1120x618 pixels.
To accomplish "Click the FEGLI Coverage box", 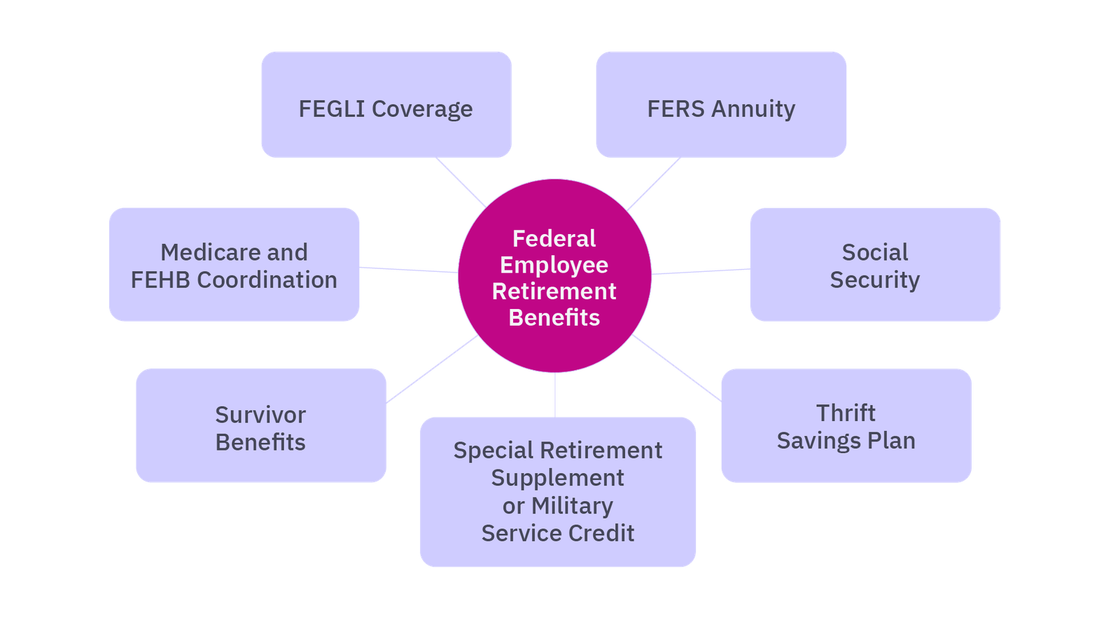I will point(386,105).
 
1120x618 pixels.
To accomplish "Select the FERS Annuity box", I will point(721,105).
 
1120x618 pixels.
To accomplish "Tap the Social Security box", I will point(875,265).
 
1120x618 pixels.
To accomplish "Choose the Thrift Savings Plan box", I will point(846,426).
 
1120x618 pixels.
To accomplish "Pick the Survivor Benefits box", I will point(260,426).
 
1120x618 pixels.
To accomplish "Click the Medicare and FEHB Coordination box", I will point(234,265).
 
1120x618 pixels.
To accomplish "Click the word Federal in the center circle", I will point(554,239).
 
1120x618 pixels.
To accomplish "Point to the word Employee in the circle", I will point(554,266).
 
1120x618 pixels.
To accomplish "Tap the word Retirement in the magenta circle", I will point(554,291).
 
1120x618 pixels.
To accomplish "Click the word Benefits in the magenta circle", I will point(554,318).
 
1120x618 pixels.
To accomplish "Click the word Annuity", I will point(753,109).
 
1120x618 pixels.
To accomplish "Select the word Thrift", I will point(846,413).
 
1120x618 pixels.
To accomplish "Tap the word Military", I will point(572,505).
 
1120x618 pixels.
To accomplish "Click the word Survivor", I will point(260,415).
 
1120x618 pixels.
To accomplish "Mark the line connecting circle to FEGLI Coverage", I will point(461,182).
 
